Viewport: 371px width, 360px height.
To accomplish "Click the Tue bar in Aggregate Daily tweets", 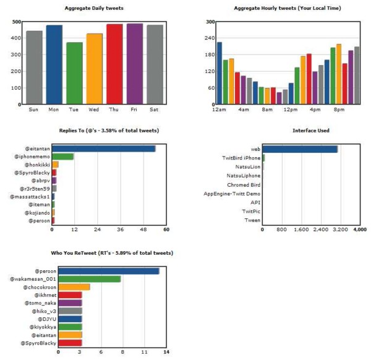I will tap(74, 73).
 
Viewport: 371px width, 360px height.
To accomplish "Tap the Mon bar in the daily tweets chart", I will tap(54, 64).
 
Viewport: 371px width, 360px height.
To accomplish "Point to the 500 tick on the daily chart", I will tap(15, 22).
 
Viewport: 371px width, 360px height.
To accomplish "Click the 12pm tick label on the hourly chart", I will tap(289, 110).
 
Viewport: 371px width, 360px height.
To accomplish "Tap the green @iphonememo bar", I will tap(62, 156).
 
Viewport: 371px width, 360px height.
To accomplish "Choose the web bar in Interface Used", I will tap(299, 149).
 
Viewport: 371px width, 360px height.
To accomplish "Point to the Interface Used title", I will tap(309, 131).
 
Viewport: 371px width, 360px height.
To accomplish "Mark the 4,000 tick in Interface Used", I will tap(359, 229).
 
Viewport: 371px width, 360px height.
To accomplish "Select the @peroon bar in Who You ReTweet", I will tap(108, 271).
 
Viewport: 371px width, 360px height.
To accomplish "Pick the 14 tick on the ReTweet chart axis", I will tap(166, 353).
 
